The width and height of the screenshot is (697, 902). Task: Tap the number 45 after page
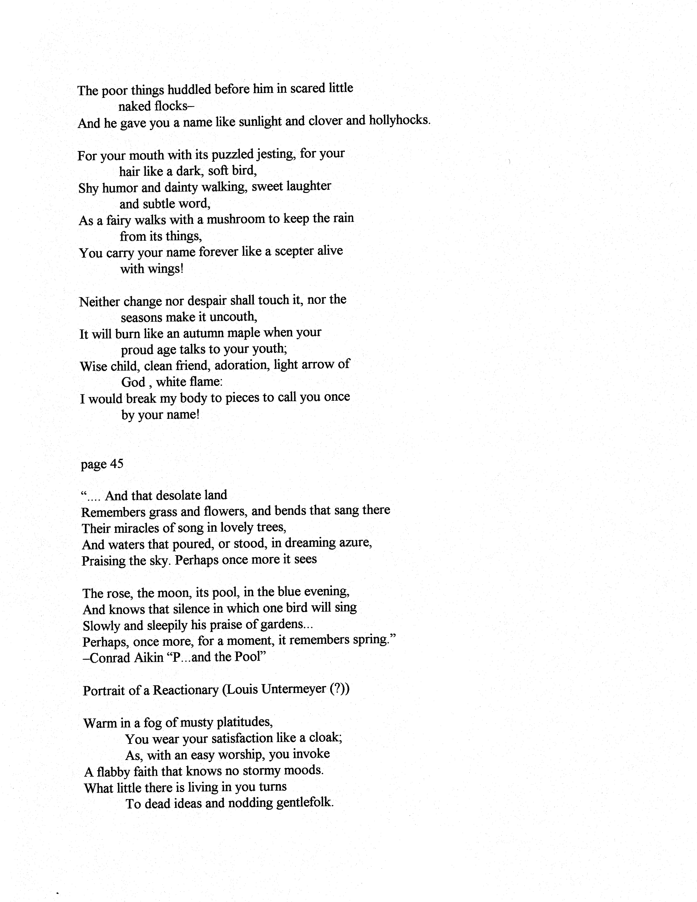click(116, 464)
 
